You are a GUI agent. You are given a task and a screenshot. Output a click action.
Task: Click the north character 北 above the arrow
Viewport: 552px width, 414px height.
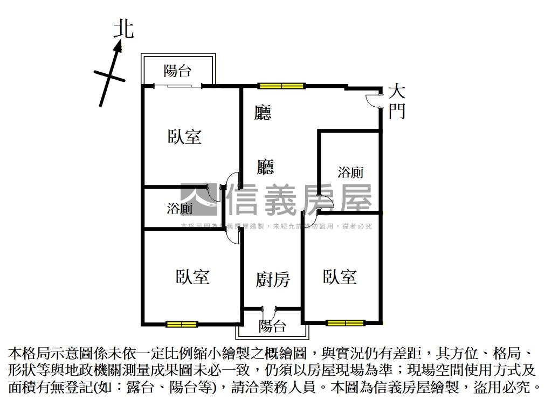[124, 29]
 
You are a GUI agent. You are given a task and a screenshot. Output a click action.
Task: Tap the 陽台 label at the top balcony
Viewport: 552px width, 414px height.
[177, 70]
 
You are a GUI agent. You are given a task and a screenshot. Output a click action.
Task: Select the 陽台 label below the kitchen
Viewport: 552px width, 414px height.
[272, 326]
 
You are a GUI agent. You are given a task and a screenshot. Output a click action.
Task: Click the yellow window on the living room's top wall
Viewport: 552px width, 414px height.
[281, 85]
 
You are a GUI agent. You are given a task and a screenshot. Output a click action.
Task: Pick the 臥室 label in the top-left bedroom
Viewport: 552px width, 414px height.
[184, 136]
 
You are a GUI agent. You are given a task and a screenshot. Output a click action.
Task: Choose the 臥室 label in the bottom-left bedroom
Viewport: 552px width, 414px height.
[192, 277]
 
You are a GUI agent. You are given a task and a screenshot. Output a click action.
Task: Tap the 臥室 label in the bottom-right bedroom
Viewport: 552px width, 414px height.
[340, 277]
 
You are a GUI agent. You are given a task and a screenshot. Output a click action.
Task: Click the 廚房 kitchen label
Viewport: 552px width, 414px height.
[272, 280]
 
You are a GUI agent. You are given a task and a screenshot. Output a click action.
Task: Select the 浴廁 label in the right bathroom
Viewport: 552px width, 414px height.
[350, 172]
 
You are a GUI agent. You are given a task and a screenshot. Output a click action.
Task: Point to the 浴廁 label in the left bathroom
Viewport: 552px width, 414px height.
[180, 208]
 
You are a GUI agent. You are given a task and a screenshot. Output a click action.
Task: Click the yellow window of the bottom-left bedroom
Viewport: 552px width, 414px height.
[181, 324]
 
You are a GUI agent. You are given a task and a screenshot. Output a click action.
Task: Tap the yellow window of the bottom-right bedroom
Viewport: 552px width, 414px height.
[345, 323]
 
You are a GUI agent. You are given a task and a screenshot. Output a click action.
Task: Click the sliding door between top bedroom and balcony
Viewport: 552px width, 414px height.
[178, 85]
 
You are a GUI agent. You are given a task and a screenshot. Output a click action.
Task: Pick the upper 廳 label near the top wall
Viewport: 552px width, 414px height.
[263, 112]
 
